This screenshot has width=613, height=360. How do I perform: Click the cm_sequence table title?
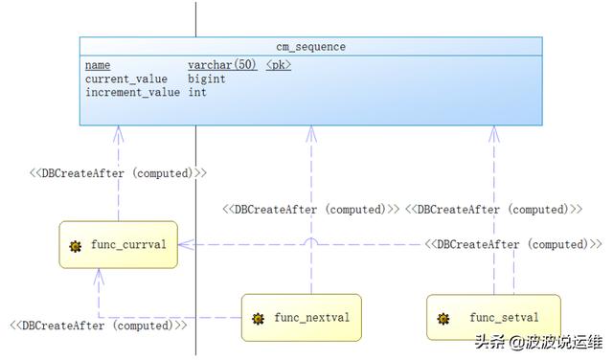[310, 46]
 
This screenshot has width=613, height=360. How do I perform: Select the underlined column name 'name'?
[98, 65]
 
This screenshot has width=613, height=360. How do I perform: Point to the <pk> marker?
[279, 65]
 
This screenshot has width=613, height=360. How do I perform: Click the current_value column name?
[128, 79]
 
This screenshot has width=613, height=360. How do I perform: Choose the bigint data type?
[207, 79]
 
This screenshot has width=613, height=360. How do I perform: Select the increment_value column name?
[132, 93]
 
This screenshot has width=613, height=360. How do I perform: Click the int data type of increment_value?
[197, 93]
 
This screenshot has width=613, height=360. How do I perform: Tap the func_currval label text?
[128, 245]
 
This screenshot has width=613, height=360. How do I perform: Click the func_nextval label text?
[310, 317]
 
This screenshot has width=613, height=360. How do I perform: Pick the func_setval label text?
[504, 317]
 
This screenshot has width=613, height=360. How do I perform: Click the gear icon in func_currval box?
[76, 246]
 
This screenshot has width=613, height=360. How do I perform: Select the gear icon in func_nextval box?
[258, 318]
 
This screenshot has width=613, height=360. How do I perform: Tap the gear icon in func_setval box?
[443, 318]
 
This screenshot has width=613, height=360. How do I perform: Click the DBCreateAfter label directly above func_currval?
[118, 173]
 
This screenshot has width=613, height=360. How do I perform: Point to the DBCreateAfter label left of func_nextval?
[99, 326]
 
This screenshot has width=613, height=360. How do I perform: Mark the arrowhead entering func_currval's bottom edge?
[99, 275]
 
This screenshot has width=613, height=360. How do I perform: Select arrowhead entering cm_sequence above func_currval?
[119, 132]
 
